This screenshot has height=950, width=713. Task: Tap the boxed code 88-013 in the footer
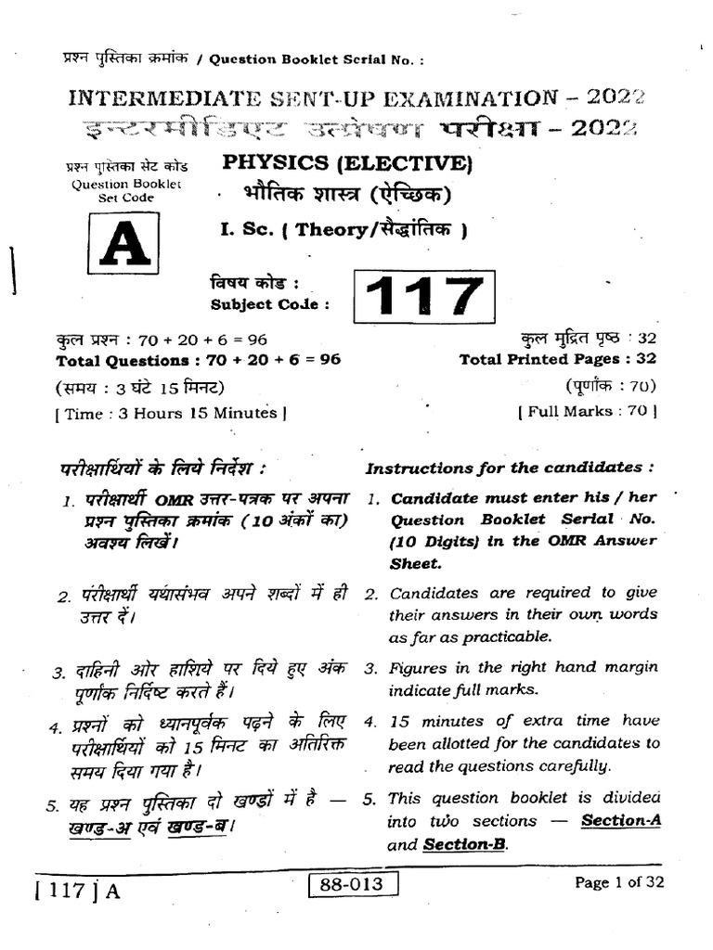click(353, 885)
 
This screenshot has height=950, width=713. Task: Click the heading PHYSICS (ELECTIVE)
click(347, 164)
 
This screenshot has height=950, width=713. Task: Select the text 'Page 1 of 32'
click(619, 883)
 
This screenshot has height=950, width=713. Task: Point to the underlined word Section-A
click(620, 821)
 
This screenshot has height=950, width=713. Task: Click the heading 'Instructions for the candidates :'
click(511, 468)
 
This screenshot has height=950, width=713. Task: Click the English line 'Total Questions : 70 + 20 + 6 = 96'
click(199, 361)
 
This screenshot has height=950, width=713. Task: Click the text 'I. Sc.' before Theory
click(244, 231)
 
